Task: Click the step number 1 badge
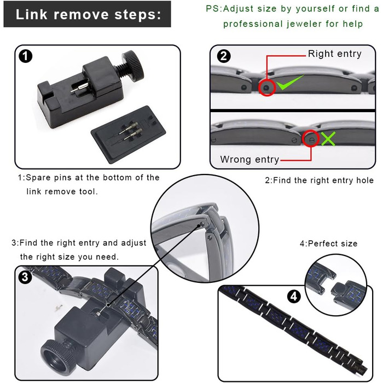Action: point(25,56)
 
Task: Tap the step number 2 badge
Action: point(224,56)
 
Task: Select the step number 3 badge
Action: point(25,277)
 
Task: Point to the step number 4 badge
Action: point(294,297)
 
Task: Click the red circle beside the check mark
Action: point(266,88)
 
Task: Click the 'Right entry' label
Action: point(334,54)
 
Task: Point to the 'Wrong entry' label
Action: point(249,160)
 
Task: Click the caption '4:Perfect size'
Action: point(328,243)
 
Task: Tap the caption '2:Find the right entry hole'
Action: point(320,180)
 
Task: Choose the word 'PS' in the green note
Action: point(213,9)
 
